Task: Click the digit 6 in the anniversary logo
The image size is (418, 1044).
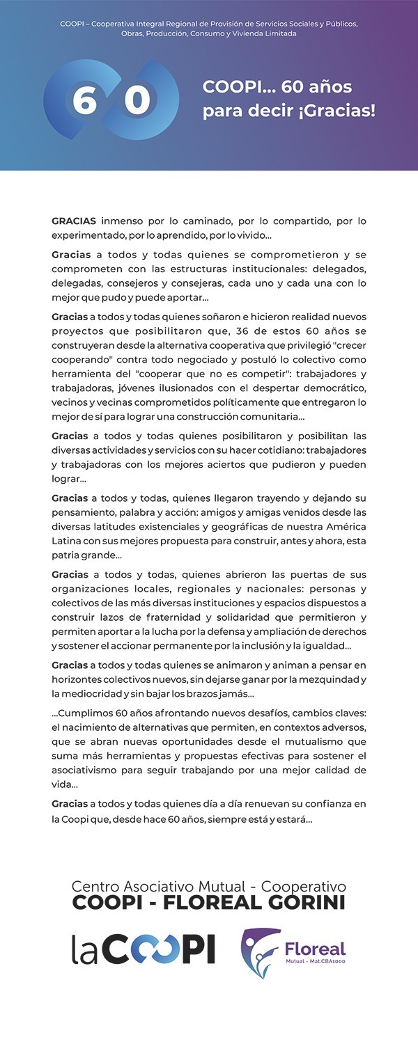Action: click(x=84, y=100)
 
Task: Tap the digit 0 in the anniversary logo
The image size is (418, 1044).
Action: click(x=137, y=100)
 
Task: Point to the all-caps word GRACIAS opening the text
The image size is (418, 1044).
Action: click(x=74, y=221)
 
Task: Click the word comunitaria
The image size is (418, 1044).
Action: click(x=265, y=417)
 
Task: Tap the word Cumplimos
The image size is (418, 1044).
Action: click(x=84, y=712)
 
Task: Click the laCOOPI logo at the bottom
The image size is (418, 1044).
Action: click(x=144, y=949)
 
